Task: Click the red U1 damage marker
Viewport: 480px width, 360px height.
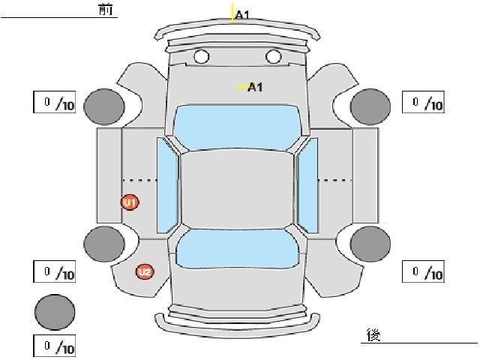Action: click(130, 202)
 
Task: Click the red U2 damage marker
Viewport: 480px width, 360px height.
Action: click(145, 271)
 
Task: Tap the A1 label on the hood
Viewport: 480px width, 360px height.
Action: click(255, 87)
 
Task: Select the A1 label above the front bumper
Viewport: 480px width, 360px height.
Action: click(242, 14)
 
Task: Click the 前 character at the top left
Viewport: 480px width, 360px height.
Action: click(106, 10)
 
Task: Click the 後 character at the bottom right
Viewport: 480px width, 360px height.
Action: click(373, 334)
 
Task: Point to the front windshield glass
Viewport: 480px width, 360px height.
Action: click(237, 127)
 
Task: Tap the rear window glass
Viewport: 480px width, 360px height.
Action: click(237, 248)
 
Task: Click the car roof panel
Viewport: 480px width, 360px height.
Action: click(237, 190)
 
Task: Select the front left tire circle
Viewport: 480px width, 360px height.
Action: click(104, 106)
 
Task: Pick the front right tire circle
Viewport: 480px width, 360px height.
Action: click(370, 106)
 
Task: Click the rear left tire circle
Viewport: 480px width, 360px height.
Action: click(104, 244)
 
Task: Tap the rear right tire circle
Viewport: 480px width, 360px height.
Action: click(370, 244)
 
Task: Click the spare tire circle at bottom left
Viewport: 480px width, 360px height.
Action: click(55, 312)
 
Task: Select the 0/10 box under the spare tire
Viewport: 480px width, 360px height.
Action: click(55, 346)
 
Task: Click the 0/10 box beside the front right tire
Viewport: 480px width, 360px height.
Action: click(423, 102)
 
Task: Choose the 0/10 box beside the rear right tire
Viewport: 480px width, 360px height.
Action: click(423, 271)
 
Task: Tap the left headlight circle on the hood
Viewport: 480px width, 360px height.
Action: click(201, 57)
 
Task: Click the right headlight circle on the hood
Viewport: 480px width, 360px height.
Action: click(273, 57)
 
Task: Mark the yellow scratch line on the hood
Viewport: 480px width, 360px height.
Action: click(241, 87)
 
